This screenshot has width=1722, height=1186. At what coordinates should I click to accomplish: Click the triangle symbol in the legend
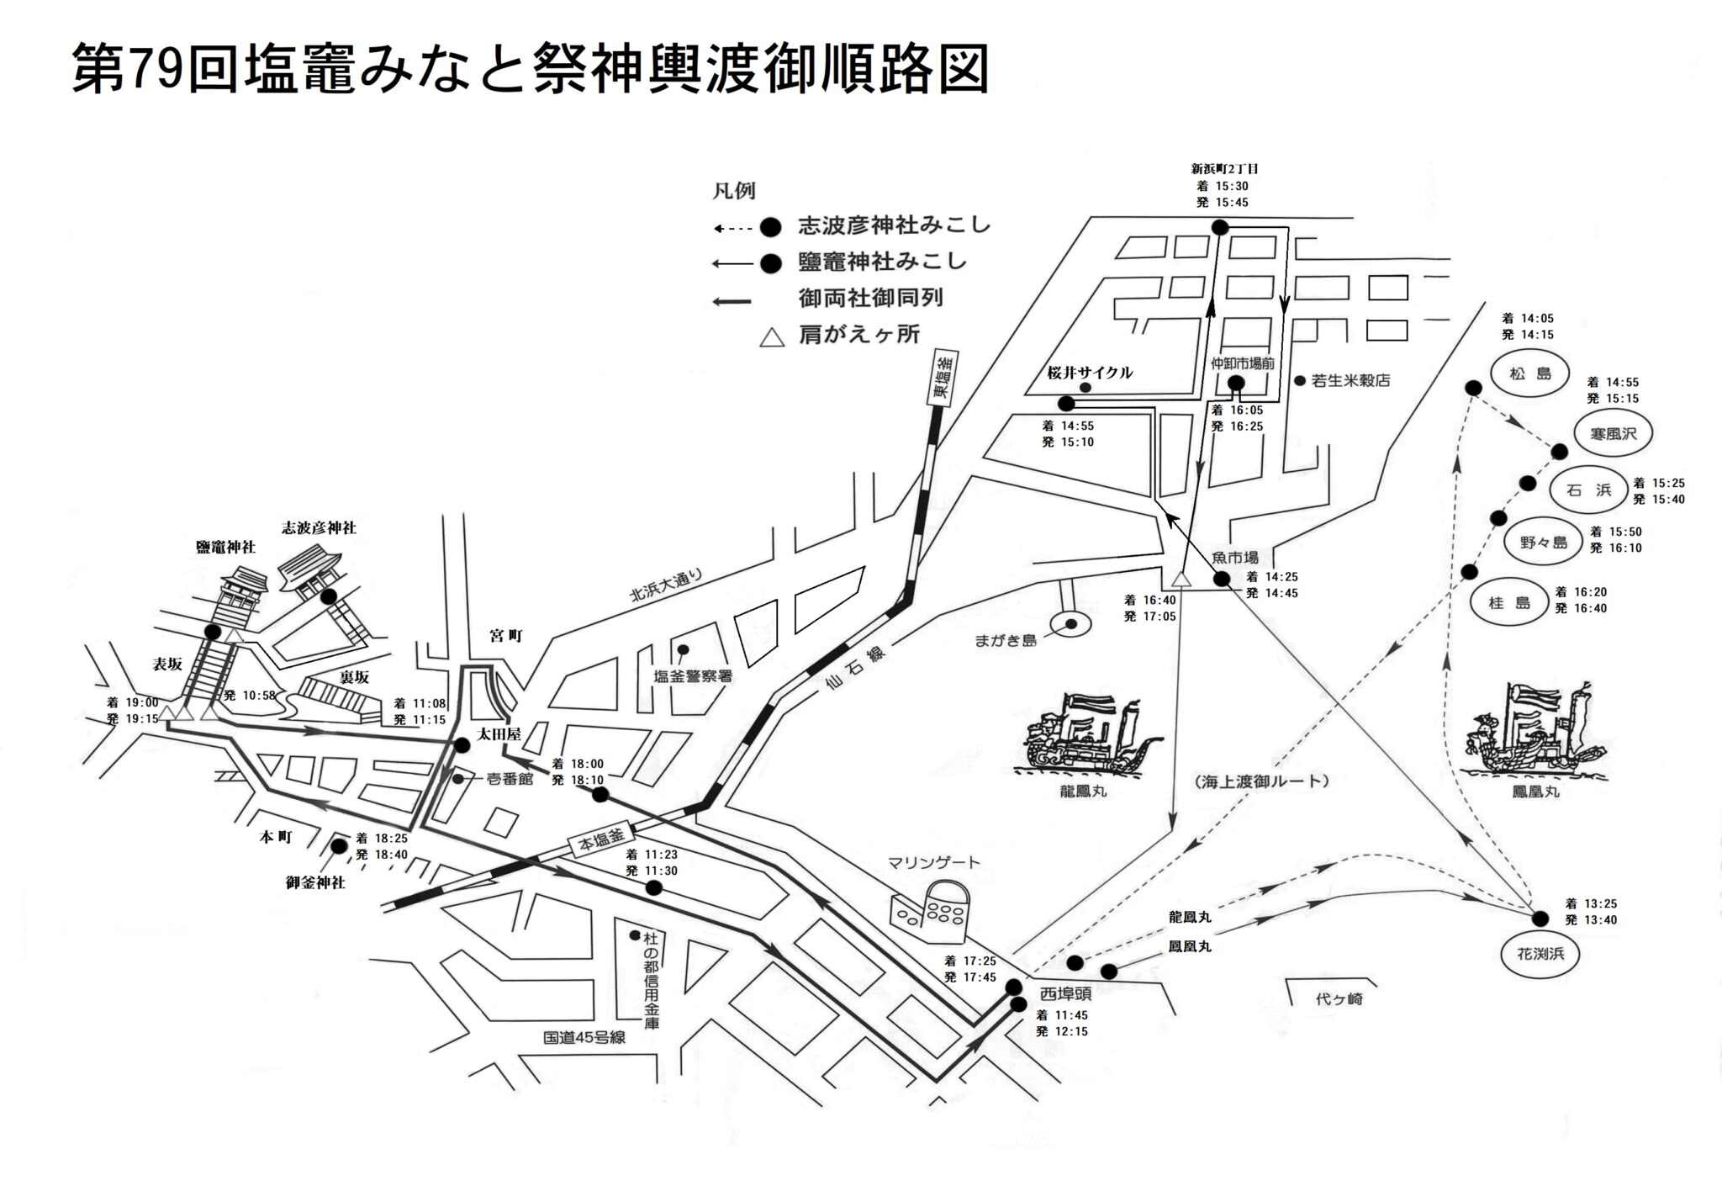tap(770, 338)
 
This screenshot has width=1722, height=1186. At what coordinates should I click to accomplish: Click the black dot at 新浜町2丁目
tap(1219, 227)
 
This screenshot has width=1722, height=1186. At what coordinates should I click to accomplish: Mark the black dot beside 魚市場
tap(1221, 579)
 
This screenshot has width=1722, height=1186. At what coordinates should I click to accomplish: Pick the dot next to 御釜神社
tap(339, 846)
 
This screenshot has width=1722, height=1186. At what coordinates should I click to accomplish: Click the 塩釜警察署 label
tap(694, 675)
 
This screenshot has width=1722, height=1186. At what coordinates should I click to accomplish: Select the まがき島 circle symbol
tap(1072, 624)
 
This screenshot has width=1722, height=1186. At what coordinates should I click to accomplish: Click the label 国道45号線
tap(584, 1037)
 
